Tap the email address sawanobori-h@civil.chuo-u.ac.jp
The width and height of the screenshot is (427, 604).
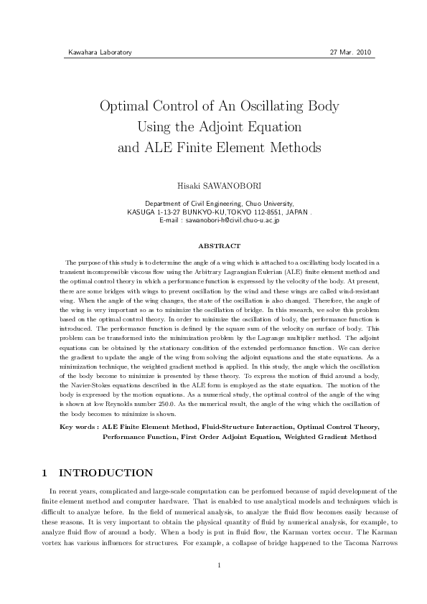coord(232,220)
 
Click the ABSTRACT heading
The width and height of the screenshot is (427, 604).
coord(213,245)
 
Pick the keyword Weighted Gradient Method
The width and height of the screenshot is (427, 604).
coord(329,436)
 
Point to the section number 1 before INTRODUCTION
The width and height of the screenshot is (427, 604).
coord(44,473)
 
